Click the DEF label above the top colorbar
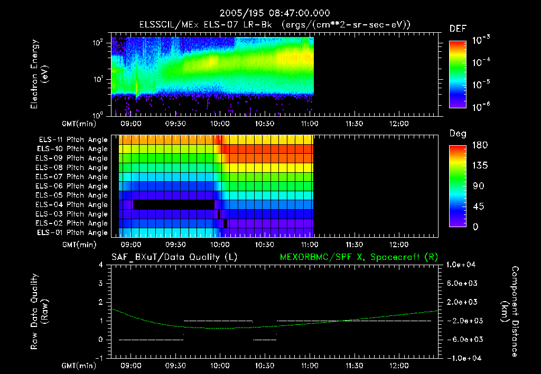coord(458,29)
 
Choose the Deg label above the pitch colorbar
coord(458,133)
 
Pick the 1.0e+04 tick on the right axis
coord(462,265)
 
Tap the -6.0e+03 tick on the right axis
coord(462,339)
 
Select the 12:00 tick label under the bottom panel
coord(398,366)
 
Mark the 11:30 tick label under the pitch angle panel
coord(353,245)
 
